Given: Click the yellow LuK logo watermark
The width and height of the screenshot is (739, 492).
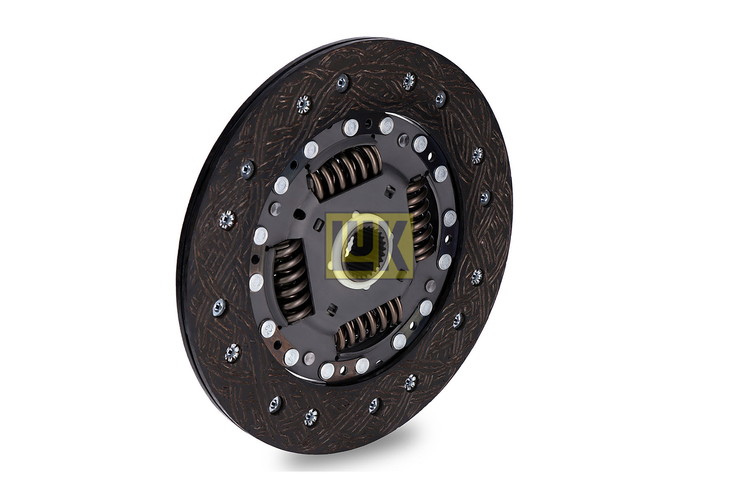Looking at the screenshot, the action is [368, 246].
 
